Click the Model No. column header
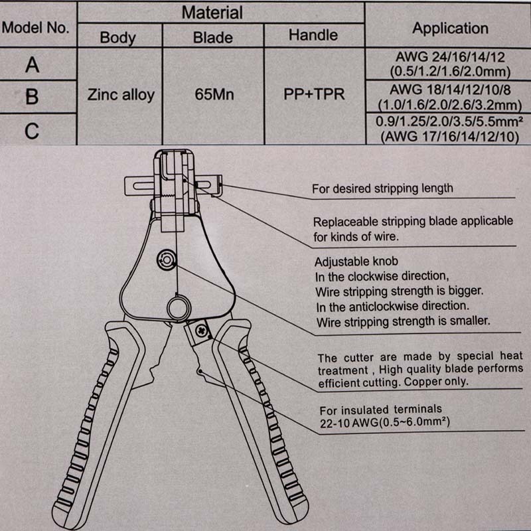click(36, 29)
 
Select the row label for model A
click(32, 65)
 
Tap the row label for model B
click(32, 97)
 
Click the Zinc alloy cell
click(120, 95)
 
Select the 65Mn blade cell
click(212, 95)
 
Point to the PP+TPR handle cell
click(314, 95)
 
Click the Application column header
click(450, 29)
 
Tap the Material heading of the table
click(212, 12)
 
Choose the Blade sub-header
click(212, 37)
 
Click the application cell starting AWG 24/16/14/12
click(450, 64)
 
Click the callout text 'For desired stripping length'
click(383, 189)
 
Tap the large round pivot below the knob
click(177, 307)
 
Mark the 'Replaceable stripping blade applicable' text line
click(413, 222)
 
